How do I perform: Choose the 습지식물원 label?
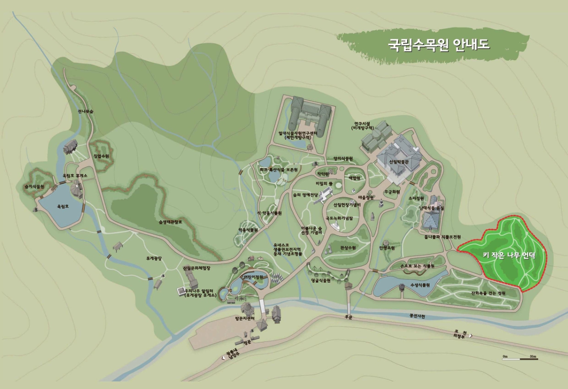tap(34, 186)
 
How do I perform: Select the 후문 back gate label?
tap(348, 317)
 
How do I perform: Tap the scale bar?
tap(520, 358)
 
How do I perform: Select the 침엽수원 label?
tap(101, 156)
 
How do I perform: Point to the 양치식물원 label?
tap(342, 159)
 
